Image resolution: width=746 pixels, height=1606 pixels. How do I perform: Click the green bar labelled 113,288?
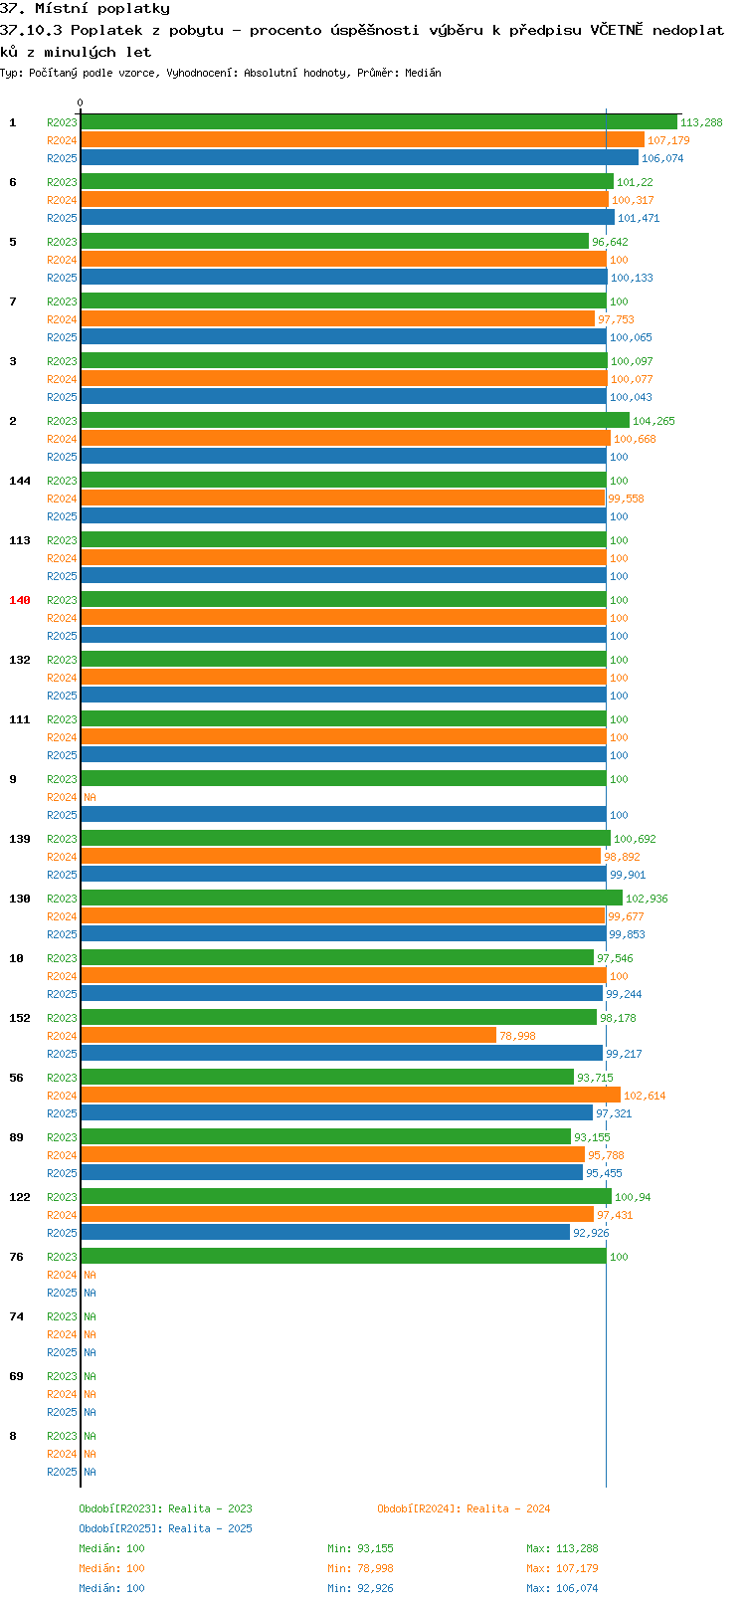pos(379,121)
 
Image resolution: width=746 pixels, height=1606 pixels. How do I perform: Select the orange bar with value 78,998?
pos(288,1035)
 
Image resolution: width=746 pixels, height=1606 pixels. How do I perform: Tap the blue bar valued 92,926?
pos(325,1233)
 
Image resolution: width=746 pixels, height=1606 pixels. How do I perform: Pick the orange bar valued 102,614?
pos(350,1095)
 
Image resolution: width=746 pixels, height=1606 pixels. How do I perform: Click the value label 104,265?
pos(653,421)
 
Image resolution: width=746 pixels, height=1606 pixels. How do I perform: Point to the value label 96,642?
pos(610,242)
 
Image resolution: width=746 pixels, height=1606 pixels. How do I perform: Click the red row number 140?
pos(19,600)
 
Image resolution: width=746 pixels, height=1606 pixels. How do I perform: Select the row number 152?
pos(19,1018)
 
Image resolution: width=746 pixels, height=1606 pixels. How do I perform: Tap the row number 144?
pos(19,481)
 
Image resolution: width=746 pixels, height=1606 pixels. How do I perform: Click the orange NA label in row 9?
pos(90,797)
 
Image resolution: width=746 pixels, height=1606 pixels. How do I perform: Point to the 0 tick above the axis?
pos(80,102)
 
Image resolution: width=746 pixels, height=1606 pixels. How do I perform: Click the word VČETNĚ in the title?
pos(617,30)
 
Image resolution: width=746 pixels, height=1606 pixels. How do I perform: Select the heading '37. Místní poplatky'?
pos(86,9)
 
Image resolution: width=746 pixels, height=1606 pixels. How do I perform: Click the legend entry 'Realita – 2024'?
pos(508,1508)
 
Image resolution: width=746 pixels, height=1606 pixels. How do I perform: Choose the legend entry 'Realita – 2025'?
pos(210,1528)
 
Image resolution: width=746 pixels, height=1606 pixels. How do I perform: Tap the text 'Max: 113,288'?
pos(562,1548)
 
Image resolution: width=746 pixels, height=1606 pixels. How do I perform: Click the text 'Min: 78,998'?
pos(360,1569)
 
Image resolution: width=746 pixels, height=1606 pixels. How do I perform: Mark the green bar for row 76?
pos(343,1256)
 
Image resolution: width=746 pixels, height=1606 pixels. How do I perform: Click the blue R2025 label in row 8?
pos(62,1472)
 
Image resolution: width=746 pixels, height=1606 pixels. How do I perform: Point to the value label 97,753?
pos(617,319)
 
